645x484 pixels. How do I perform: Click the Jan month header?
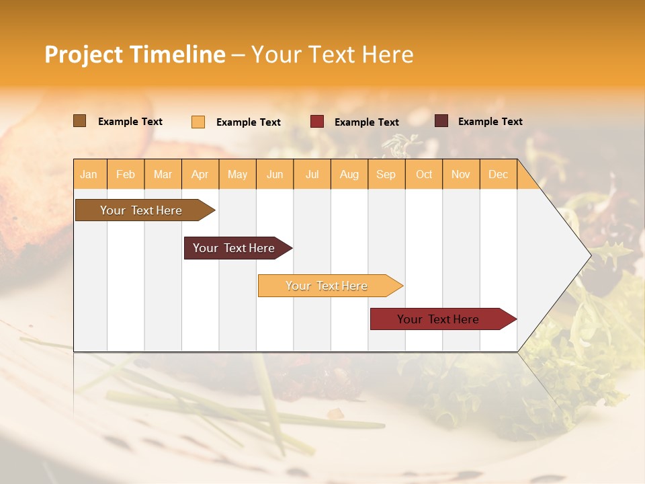coord(89,175)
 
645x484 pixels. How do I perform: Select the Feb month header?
coord(126,175)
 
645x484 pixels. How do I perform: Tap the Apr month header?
coord(200,175)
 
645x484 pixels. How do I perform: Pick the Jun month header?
coord(275,175)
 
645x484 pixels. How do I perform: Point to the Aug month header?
coord(349,175)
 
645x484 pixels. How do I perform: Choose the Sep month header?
coord(386,175)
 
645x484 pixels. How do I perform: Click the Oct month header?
coord(424,175)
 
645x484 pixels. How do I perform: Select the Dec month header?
coord(499,175)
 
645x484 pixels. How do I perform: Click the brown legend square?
coord(80,121)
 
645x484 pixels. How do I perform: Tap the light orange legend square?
coord(198,122)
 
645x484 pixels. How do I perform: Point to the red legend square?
coord(317,122)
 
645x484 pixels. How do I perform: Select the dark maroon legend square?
coord(441,121)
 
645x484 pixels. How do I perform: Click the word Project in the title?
coord(84,54)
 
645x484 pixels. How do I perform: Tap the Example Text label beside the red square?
coord(367,122)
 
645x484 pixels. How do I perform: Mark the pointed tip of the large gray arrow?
coord(590,255)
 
